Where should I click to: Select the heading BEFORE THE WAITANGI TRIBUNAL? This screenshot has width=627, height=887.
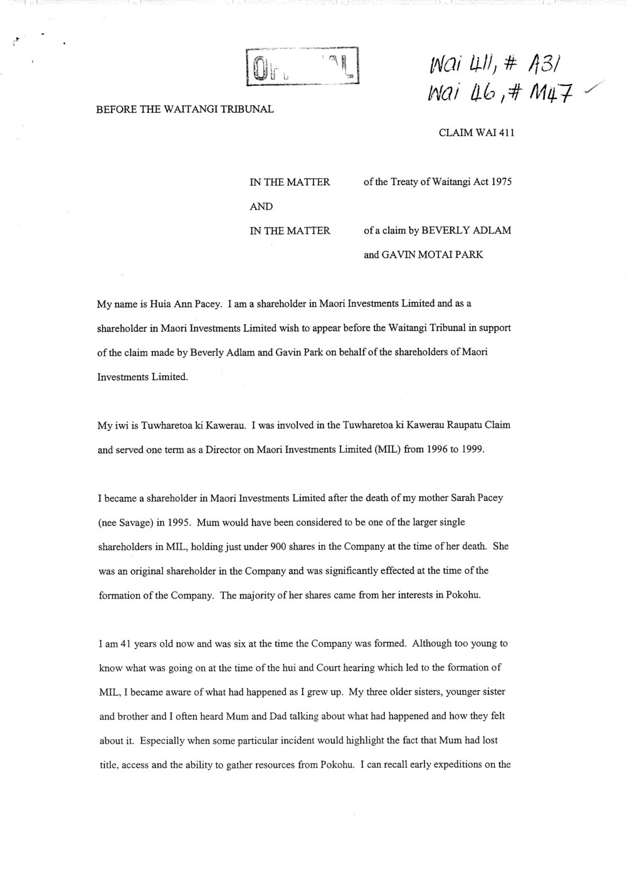[184, 109]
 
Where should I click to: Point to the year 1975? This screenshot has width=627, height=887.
[502, 183]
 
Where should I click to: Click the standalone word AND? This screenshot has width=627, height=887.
[261, 206]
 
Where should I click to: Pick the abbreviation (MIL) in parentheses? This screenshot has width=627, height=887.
[379, 449]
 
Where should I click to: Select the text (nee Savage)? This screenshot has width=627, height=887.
[127, 522]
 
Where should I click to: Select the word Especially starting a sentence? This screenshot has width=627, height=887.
[164, 740]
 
